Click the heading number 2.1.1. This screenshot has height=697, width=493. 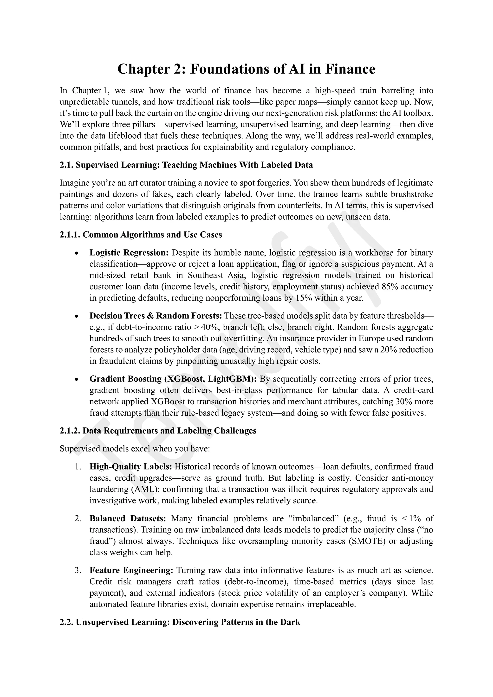[70, 235]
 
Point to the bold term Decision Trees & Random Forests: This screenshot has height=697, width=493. [156, 316]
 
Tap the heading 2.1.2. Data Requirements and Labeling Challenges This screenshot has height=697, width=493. [158, 431]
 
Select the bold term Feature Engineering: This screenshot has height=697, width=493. [131, 570]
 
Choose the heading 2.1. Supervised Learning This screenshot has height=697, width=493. [186, 165]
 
